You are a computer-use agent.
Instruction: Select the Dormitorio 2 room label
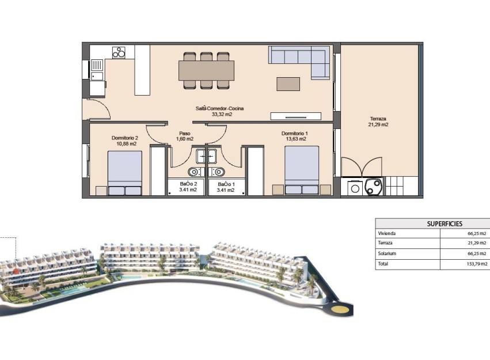click(124, 141)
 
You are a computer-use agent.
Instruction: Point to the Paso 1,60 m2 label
click(184, 136)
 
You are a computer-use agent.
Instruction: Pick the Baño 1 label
click(225, 187)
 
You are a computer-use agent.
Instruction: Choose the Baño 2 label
click(188, 187)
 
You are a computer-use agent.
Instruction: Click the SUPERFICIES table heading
click(444, 223)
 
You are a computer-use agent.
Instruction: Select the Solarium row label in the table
click(387, 253)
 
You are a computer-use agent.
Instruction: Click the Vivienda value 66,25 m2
click(476, 233)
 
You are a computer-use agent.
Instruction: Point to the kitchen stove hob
click(119, 52)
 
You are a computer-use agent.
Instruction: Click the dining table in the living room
click(206, 70)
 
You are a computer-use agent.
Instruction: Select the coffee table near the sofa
click(288, 84)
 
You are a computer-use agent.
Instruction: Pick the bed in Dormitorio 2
click(125, 172)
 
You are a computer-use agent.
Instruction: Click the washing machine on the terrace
click(355, 187)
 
